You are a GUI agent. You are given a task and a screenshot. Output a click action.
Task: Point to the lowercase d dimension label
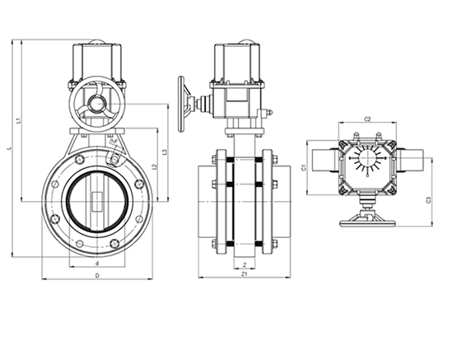[98, 263]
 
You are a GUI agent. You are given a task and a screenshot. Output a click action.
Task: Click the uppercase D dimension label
[97, 275]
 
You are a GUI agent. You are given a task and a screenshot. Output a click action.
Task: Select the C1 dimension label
[304, 167]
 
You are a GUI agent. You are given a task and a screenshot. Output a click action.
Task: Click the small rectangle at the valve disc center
[98, 200]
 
